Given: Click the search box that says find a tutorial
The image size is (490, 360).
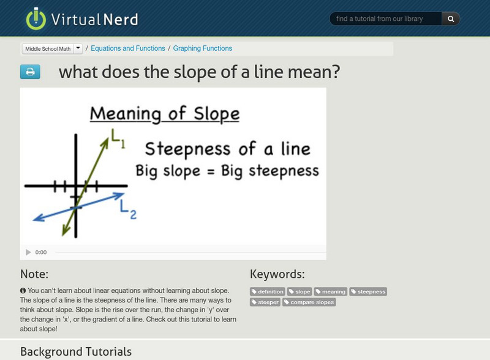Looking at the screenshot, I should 386,19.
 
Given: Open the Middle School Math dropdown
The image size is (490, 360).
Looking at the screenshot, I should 78,48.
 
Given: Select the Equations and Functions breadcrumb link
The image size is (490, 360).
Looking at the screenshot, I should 127,48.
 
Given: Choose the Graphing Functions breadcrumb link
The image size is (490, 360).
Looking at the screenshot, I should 202,48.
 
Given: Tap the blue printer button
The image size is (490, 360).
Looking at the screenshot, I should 30,72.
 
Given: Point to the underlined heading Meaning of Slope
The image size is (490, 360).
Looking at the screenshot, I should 165,114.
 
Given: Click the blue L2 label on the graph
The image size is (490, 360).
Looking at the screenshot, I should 128,211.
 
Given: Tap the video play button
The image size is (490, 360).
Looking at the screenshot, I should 28,252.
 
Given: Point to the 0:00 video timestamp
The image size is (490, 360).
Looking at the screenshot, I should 41,252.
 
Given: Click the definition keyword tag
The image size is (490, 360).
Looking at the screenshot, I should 268,292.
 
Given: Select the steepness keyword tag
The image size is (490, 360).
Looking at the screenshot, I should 368,292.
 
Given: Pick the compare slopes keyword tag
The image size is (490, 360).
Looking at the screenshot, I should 309,302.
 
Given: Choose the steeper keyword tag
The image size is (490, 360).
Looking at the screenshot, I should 265,302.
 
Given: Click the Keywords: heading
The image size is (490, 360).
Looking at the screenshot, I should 277,274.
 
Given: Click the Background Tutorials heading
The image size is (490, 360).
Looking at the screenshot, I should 76,351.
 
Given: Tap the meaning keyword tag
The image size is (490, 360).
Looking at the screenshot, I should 331,292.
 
